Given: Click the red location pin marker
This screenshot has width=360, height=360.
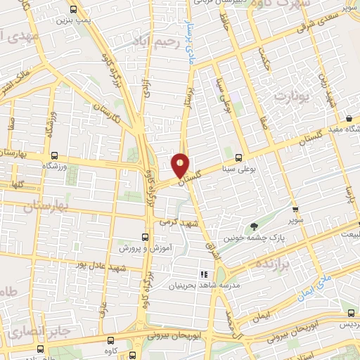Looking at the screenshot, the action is point(181,166).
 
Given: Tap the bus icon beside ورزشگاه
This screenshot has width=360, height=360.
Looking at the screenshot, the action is point(54,155).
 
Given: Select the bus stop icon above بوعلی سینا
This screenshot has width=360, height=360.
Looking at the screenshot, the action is point(239,157).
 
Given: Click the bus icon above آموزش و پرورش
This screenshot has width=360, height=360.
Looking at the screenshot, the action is point(145,237).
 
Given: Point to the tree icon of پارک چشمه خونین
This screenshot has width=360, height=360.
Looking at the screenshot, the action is point(254,226).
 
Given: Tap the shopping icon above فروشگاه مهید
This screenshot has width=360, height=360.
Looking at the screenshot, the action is point(349,118).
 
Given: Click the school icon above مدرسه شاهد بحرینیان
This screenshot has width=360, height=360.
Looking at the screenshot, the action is point(203,274).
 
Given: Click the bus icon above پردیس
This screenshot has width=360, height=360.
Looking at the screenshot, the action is point(349,314).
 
